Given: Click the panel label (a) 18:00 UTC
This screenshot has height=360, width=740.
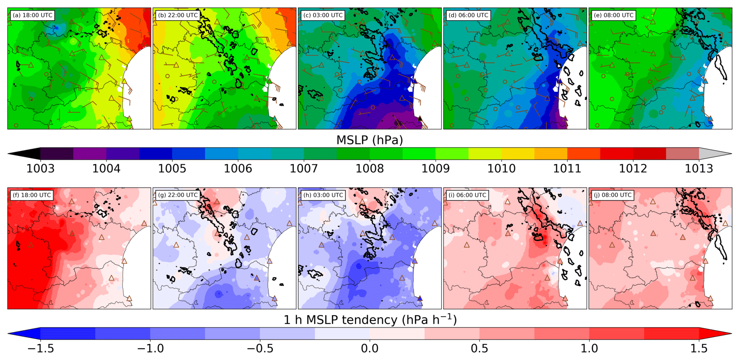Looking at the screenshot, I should coord(32,15).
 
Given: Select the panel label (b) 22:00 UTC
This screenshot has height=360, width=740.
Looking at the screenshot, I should coord(178,15).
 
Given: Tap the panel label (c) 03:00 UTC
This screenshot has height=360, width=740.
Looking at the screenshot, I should coord(323,15).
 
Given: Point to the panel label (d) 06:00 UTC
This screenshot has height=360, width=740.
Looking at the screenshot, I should coord(468,15).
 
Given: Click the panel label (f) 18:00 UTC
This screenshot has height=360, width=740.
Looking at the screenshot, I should coord(32,195).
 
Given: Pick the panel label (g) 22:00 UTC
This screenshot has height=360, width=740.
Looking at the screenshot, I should coord(177,195).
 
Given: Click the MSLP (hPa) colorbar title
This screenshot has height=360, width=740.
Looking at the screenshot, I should coord(369,140).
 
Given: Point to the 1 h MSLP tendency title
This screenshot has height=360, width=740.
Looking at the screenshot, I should coord(369,320).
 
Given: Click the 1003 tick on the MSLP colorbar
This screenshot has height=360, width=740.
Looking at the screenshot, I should coord(40,168).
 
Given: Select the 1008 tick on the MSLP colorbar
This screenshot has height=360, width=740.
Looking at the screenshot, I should coord(369,168).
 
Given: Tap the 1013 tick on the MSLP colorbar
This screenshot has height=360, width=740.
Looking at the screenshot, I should coord(699,168).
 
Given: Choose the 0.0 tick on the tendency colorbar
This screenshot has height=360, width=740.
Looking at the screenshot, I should coord(369,348).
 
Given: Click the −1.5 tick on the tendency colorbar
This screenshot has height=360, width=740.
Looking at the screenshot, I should coord(40,348).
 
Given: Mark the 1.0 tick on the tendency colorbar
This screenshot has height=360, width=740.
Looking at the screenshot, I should coord(589,348).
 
